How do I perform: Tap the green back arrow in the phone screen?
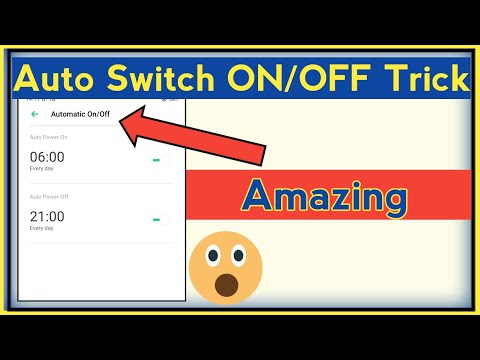click(36, 115)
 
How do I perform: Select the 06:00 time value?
click(47, 156)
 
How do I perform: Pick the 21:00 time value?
click(47, 216)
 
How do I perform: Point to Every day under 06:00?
click(41, 169)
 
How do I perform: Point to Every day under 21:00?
click(41, 229)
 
